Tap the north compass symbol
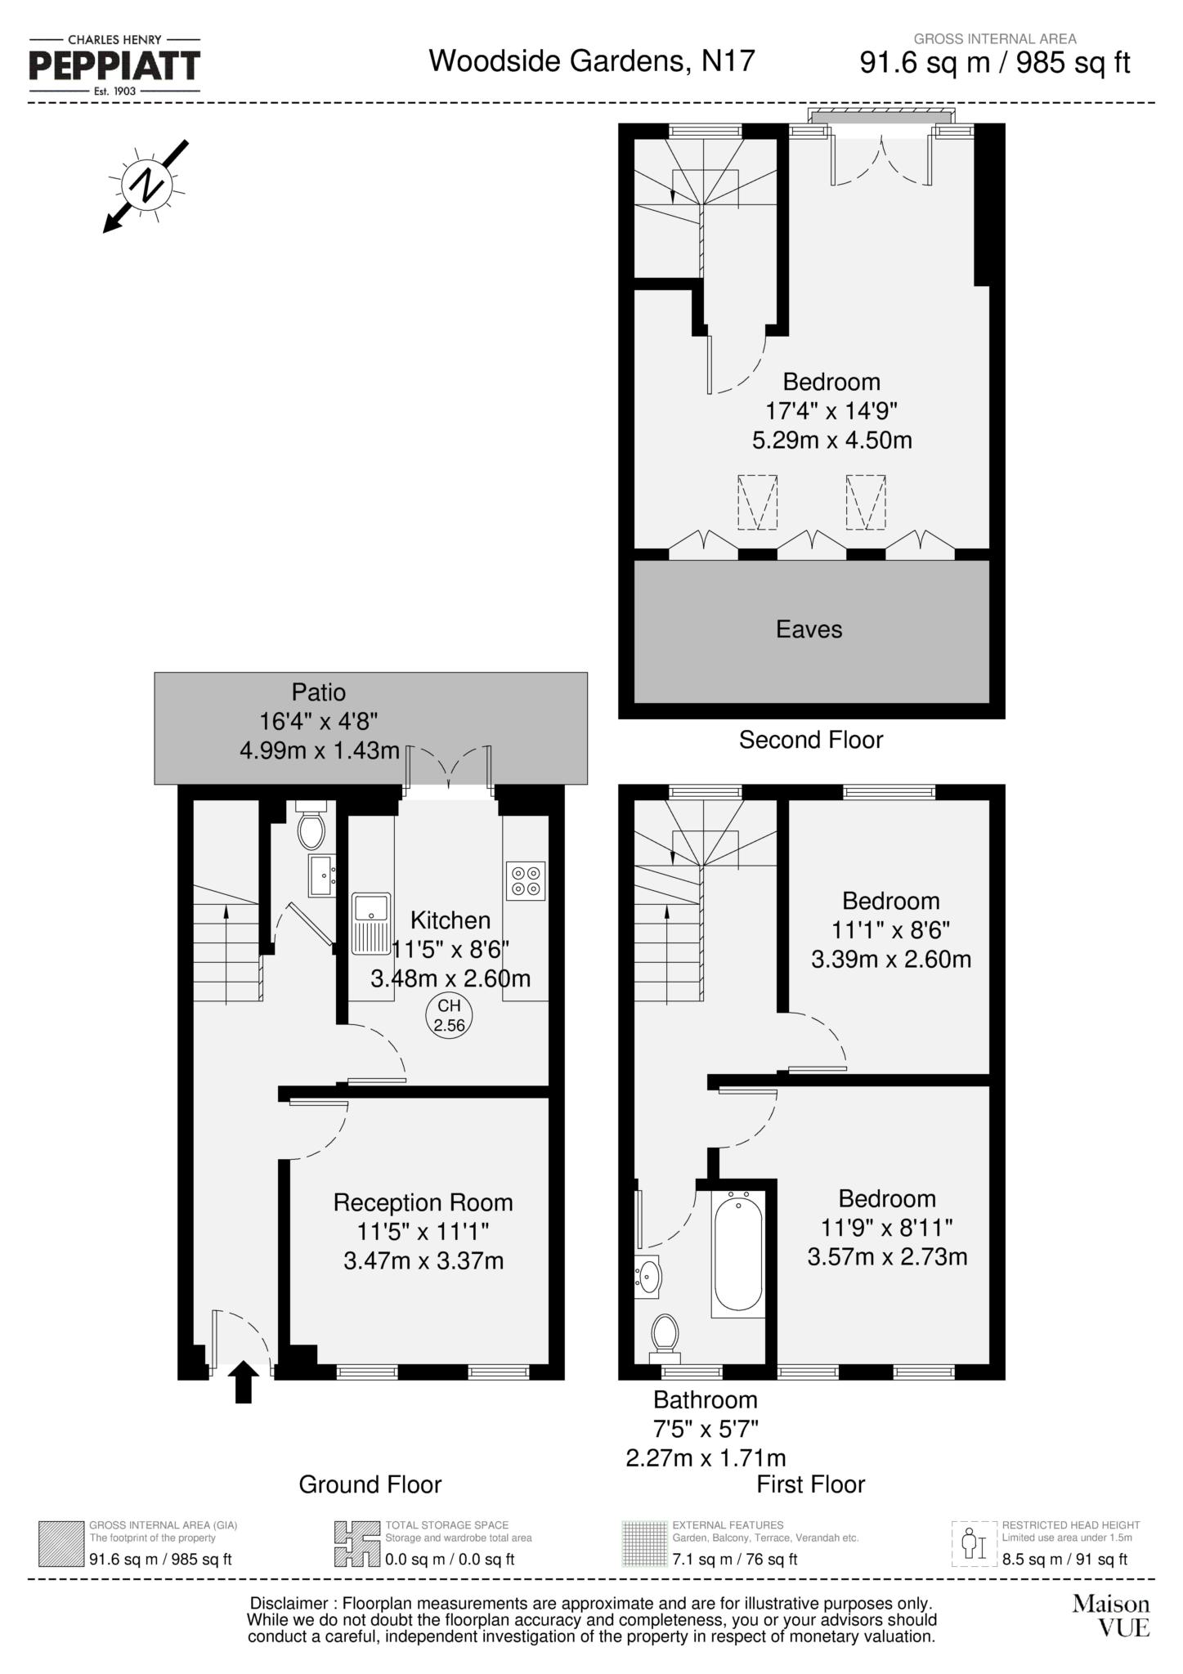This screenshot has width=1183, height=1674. tap(146, 185)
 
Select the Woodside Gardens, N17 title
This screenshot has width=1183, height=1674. tap(592, 60)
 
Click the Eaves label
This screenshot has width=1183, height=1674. tap(809, 629)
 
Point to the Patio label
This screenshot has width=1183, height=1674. tap(319, 692)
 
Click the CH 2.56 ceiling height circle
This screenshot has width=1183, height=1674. tap(449, 1016)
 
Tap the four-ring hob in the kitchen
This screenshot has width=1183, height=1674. tap(526, 880)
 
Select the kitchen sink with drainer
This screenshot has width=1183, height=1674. tap(371, 924)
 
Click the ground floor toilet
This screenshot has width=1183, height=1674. tap(311, 828)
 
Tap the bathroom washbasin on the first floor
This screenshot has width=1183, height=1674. tap(648, 1276)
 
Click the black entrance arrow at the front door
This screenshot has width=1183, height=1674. tap(244, 1382)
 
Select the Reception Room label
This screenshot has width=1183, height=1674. tap(423, 1202)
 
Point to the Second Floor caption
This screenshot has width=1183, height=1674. tap(811, 740)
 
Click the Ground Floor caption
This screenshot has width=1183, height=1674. tap(370, 1484)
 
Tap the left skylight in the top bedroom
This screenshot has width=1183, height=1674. tap(757, 502)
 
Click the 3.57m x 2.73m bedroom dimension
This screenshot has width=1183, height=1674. tap(887, 1256)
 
